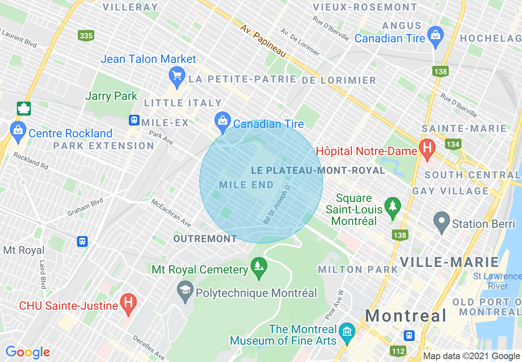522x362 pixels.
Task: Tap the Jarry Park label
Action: click(x=111, y=96)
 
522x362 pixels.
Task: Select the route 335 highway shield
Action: click(x=86, y=36)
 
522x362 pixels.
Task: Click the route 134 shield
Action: click(x=453, y=144)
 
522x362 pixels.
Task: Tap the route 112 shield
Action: click(x=398, y=350)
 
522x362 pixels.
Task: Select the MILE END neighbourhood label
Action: click(x=247, y=185)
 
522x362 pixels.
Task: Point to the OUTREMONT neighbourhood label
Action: click(x=205, y=239)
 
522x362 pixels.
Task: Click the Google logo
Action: click(x=28, y=352)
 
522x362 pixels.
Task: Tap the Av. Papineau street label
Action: click(x=263, y=40)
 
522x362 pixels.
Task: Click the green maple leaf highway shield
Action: click(x=24, y=109)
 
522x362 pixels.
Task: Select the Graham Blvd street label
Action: click(x=85, y=206)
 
